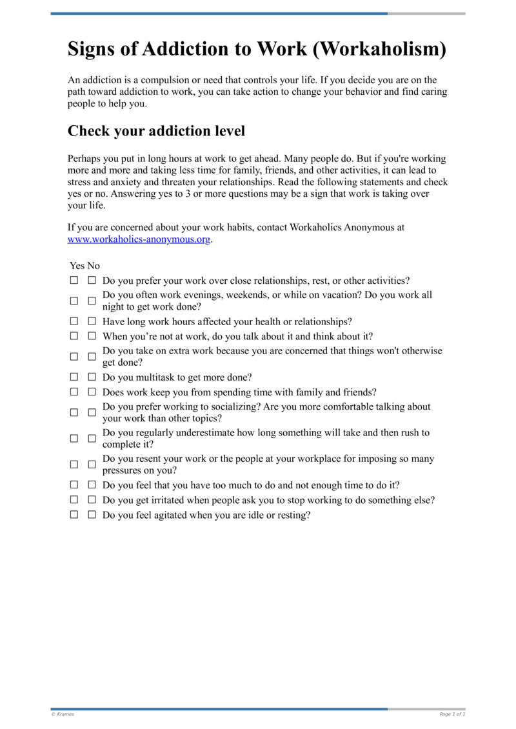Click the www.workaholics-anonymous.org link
[139, 239]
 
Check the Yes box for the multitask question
[74, 377]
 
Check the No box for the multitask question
[92, 377]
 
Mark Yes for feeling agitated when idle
[74, 515]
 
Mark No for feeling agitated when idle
[92, 515]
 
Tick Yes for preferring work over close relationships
[74, 281]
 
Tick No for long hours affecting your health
[92, 321]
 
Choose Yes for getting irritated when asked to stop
[74, 500]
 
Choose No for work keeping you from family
[92, 392]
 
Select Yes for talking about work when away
[74, 336]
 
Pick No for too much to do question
[92, 485]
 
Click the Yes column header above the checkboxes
[77, 266]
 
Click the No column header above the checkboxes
[94, 266]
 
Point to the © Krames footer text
[63, 714]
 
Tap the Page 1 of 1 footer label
[452, 714]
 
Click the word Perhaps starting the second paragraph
[84, 158]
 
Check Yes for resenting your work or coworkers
[74, 464]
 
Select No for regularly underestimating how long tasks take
[92, 438]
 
